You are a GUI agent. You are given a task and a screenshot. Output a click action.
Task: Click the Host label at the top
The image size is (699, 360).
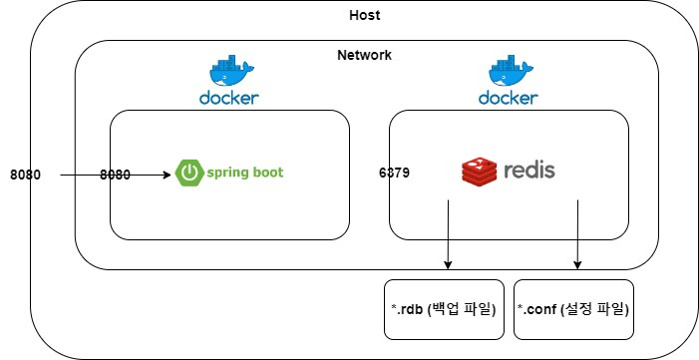coord(365,15)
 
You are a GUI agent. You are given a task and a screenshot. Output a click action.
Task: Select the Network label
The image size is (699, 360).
coord(364,55)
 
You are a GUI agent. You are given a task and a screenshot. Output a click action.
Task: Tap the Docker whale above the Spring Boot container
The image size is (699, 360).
coord(231,71)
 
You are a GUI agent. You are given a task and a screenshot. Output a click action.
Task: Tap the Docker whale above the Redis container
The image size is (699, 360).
coord(511,71)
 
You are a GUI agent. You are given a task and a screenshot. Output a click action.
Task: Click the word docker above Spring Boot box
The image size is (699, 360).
coord(229,98)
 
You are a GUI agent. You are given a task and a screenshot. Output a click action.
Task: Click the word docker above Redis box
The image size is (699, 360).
coord(509,98)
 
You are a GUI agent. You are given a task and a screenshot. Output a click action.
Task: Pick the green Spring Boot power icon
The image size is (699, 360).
coord(189,173)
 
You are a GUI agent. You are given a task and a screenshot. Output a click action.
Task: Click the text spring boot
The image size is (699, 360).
coord(244,173)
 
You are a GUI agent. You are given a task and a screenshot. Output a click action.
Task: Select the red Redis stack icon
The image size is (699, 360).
coord(480,172)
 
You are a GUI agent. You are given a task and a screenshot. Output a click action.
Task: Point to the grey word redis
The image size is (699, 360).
coord(529,171)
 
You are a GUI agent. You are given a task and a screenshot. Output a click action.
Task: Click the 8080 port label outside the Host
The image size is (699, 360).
coord(25,175)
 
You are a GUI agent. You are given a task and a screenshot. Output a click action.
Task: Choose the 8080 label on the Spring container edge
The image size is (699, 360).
coord(115,175)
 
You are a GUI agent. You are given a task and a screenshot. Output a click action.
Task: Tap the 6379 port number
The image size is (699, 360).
coord(394,174)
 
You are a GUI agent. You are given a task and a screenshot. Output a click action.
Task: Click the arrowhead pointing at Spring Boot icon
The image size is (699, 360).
coord(168,175)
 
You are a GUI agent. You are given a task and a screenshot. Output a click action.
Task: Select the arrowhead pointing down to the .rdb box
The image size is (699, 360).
coord(448,265)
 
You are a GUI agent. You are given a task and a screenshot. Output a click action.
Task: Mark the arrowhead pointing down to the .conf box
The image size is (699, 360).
coord(577,265)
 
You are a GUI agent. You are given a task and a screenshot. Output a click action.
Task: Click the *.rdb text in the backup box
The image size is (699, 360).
coord(407,309)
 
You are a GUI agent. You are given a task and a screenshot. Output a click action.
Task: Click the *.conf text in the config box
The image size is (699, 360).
coord(537,309)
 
